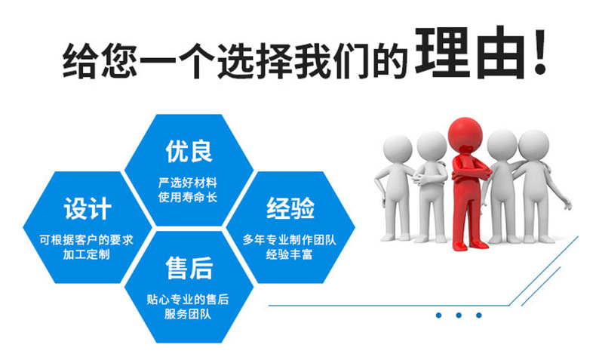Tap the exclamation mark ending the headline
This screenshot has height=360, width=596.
coord(539,54)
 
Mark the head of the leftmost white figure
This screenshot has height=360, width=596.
coord(395,149)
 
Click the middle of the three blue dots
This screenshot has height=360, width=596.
coord(458,315)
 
